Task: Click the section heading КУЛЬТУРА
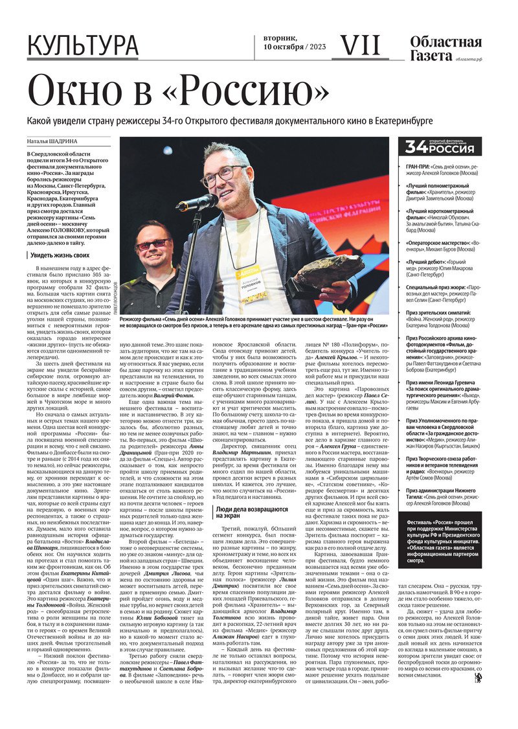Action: coord(82,46)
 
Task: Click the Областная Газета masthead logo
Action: coord(445,49)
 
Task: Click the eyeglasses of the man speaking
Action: coord(223,175)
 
